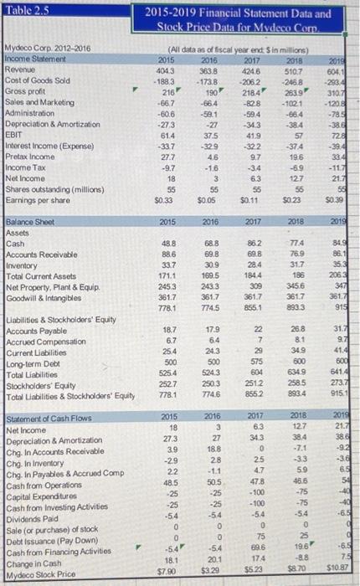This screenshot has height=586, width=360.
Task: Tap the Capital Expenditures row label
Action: (x=42, y=494)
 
